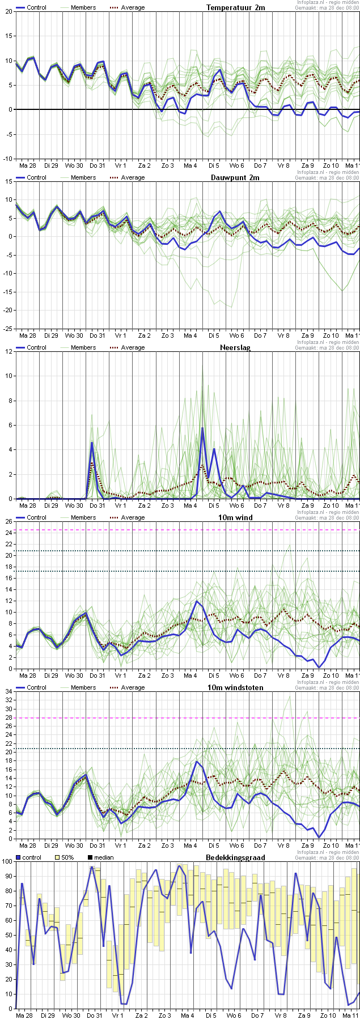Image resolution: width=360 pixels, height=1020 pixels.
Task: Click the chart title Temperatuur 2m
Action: [235, 7]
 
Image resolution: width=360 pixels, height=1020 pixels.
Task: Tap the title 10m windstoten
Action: [240, 687]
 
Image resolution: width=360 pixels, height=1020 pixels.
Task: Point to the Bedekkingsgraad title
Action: [235, 857]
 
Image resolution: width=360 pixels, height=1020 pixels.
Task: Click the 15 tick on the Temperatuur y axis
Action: [9, 36]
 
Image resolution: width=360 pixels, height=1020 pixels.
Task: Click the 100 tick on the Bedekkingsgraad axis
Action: [6, 861]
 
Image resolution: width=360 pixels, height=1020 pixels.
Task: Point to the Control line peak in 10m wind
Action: [197, 601]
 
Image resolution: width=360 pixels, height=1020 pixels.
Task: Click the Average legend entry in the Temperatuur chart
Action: [133, 7]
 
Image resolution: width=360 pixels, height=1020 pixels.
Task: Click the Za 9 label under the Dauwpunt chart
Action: [308, 335]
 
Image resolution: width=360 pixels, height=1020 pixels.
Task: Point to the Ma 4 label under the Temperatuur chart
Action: [190, 165]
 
